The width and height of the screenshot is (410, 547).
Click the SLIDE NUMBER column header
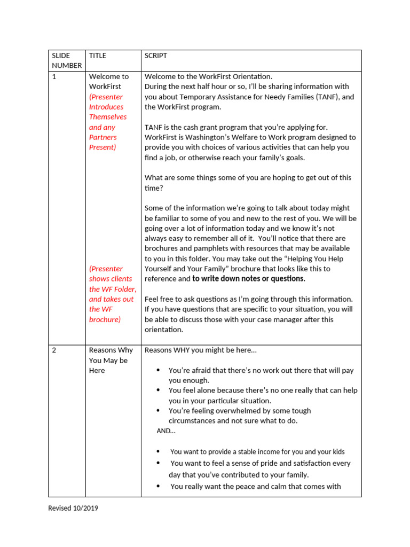[x=67, y=60]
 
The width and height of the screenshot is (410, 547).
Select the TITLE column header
[x=98, y=56]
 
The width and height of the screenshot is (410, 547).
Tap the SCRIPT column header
[x=156, y=56]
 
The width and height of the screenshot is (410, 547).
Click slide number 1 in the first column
[x=54, y=76]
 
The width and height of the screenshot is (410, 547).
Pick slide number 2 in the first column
[x=54, y=350]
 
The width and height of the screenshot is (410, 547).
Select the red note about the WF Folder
[x=112, y=294]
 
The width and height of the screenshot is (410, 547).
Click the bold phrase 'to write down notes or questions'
[x=249, y=279]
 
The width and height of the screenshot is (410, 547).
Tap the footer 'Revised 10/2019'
[x=73, y=508]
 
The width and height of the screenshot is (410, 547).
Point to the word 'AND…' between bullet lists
[x=165, y=431]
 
